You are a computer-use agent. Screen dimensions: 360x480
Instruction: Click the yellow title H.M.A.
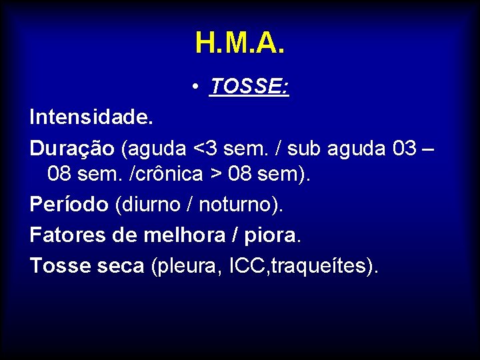tap(240, 43)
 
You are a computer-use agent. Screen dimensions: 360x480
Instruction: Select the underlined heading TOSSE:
tap(249, 86)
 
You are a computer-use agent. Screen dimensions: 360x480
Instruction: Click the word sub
tap(307, 148)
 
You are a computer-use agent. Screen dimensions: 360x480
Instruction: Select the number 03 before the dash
tap(405, 148)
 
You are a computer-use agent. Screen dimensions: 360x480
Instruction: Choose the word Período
tap(69, 205)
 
